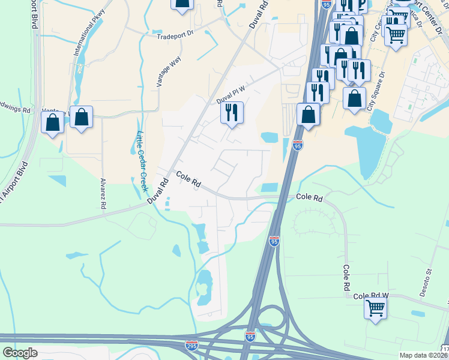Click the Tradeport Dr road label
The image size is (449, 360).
(x=176, y=35)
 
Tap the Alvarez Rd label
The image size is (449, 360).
(x=103, y=193)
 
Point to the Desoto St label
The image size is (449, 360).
(x=429, y=279)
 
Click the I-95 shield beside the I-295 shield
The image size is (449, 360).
(x=250, y=337)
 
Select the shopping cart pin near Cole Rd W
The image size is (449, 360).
(x=375, y=309)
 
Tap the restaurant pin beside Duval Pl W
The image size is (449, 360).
(x=232, y=112)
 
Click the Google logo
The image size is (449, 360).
(x=20, y=353)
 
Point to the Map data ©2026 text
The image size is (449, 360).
(x=423, y=355)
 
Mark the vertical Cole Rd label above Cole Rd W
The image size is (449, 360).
(x=346, y=278)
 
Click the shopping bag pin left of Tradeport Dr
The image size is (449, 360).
(x=182, y=4)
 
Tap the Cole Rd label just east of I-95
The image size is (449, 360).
(x=310, y=197)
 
